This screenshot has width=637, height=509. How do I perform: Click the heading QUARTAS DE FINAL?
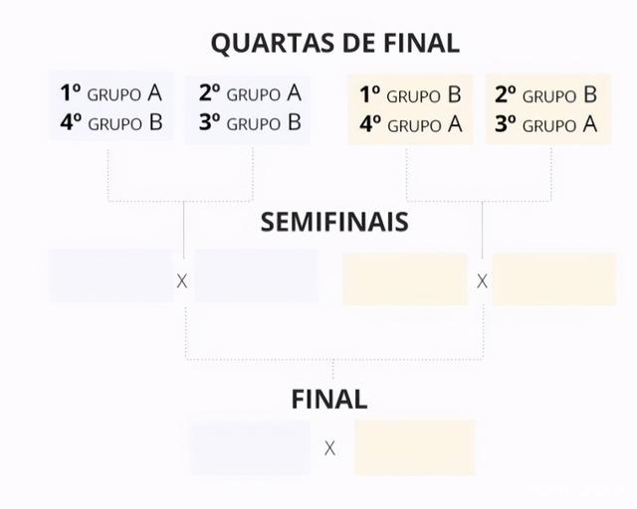[334, 43]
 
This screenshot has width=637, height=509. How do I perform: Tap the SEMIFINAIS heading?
[334, 221]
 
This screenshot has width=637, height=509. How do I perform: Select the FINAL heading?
[329, 400]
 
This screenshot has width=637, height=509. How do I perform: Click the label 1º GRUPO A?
[111, 93]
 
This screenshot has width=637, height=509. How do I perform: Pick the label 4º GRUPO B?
[111, 124]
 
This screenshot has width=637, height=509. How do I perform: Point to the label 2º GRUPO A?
[249, 93]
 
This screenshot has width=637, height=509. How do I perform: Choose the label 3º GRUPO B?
[249, 124]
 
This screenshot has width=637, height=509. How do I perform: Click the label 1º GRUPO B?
[410, 94]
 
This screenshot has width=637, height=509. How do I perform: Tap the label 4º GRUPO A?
[410, 125]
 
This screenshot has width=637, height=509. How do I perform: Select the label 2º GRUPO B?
[545, 94]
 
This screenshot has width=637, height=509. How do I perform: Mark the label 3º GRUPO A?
[545, 125]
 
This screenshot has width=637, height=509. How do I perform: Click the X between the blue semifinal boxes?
[182, 281]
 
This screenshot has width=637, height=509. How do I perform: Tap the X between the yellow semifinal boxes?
[482, 281]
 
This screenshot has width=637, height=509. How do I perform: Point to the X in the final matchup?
[329, 448]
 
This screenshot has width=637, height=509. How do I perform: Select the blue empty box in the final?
[250, 447]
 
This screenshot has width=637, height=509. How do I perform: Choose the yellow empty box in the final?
[414, 447]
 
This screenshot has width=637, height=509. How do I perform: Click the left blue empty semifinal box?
[110, 276]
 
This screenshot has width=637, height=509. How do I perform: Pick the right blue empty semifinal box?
[257, 276]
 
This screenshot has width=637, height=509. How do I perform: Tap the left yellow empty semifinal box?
[404, 279]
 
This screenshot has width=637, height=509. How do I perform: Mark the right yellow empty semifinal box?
[554, 279]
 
